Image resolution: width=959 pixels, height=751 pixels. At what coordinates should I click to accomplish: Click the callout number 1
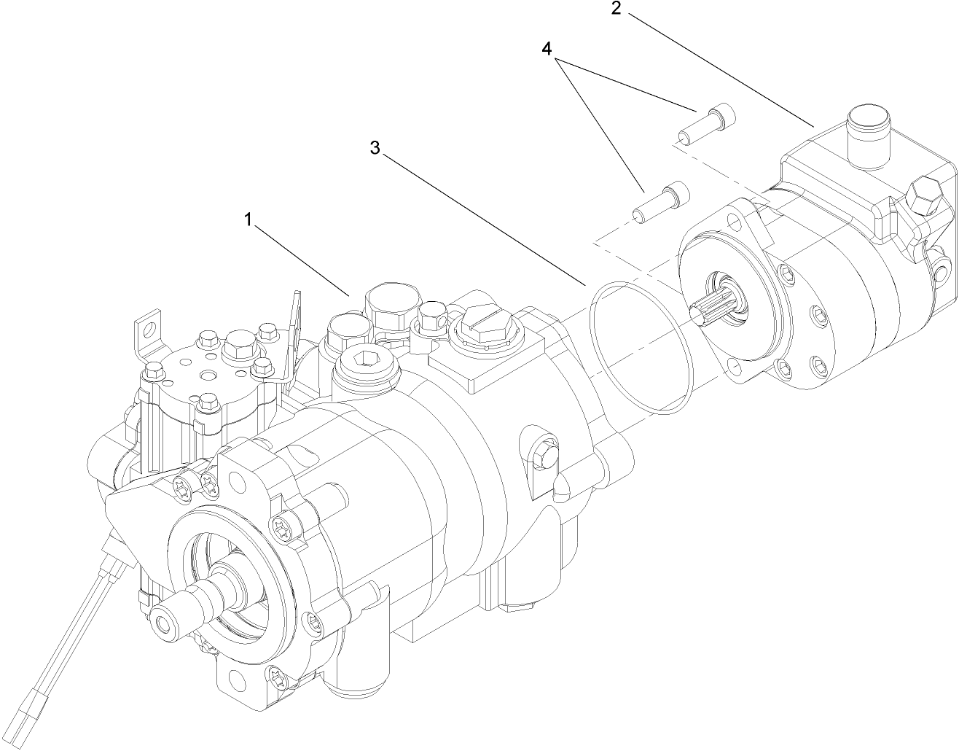248,219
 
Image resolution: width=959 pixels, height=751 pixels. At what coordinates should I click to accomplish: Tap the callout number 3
375,148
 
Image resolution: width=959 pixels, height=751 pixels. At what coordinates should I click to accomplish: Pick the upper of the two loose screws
708,123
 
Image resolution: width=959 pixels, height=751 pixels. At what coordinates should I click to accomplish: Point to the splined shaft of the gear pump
708,307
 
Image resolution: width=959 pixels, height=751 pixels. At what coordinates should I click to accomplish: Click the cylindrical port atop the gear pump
869,130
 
